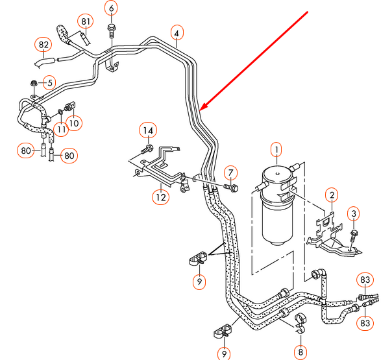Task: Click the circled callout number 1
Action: pos(276,152)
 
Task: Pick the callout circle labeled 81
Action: pos(86,21)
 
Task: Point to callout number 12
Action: pos(160,195)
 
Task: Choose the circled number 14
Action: pos(147,131)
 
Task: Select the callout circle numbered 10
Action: pos(73,122)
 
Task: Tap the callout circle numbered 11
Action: pos(60,130)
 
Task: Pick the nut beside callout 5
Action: pos(34,83)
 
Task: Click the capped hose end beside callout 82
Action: pos(43,63)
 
